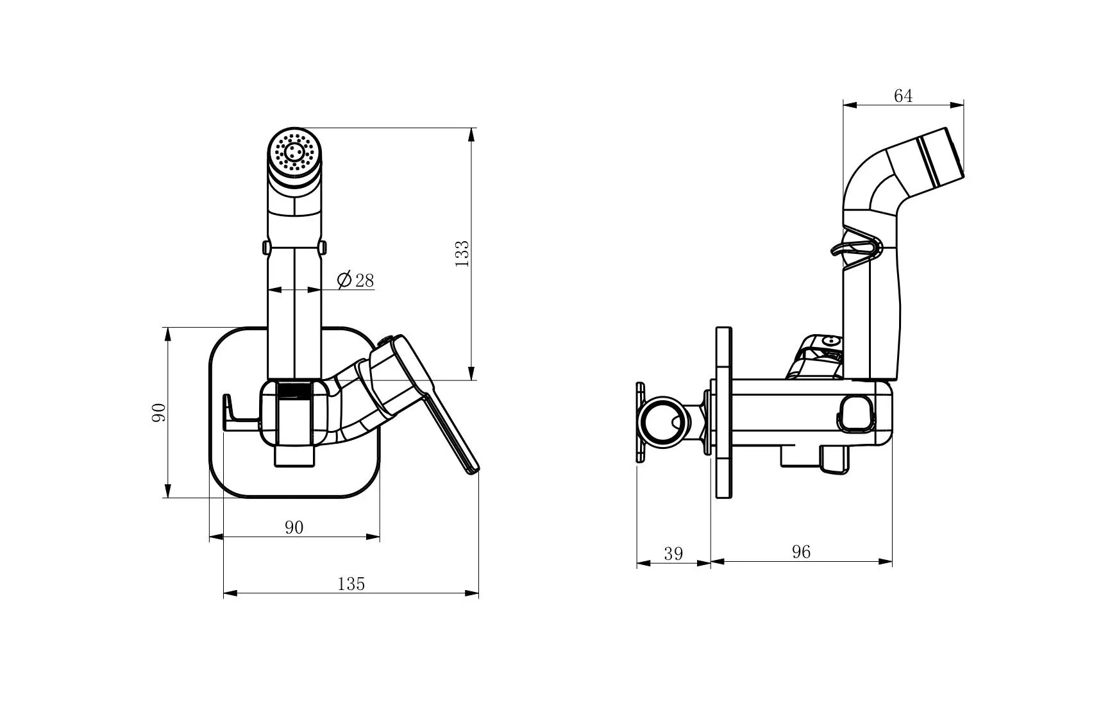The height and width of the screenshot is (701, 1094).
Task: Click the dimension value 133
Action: point(462,253)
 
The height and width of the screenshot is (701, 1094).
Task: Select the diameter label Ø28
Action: point(355,280)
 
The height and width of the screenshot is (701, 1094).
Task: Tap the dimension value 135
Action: point(351,584)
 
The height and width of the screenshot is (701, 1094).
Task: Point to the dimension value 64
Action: point(903,96)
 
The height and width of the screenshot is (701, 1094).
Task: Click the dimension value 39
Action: point(673,553)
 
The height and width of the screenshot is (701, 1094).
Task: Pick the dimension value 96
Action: point(801,552)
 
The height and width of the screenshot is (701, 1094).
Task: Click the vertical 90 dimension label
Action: point(158,412)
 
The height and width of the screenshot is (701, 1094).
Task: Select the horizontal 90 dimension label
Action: point(294,527)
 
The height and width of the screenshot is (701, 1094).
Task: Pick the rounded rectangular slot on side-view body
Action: point(859,412)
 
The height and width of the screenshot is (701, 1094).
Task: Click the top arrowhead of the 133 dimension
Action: point(472,135)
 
